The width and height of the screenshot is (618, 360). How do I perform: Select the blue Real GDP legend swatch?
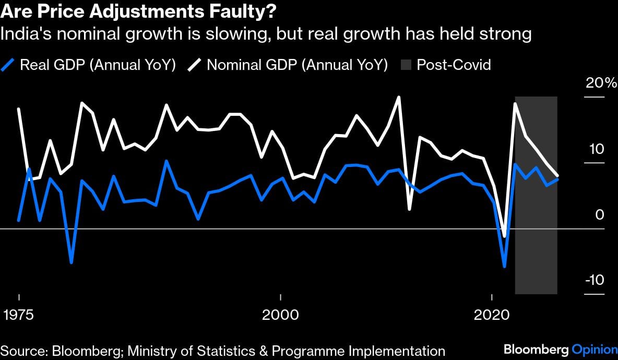click(8, 65)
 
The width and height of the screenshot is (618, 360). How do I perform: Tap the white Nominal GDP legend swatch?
click(195, 65)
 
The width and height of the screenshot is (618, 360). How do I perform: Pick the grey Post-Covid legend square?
click(406, 65)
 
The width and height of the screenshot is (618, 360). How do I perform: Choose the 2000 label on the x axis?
click(281, 316)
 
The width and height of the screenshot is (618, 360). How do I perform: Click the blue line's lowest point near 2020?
click(505, 267)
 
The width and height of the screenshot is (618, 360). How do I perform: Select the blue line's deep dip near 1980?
click(72, 262)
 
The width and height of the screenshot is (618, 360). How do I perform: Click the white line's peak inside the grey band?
click(515, 104)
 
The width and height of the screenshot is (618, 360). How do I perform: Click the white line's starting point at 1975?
click(19, 109)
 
